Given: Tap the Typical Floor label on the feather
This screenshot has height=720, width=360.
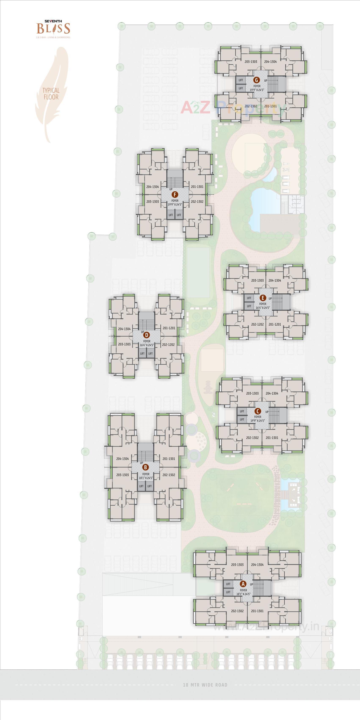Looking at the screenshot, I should tap(51, 94).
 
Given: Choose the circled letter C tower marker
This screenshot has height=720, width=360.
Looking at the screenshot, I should tap(258, 411).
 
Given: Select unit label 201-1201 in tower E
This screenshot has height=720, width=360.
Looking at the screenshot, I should tap(275, 325).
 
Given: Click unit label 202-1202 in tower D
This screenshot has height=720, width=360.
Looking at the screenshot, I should tap(168, 345).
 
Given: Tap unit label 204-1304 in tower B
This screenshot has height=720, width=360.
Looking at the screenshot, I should tap(122, 459).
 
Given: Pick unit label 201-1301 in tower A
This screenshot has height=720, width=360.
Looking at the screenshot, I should tap(257, 611).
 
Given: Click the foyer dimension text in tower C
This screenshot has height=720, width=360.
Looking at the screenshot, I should tap(258, 421).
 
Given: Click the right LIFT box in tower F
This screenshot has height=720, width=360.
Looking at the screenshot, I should tap(179, 215).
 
